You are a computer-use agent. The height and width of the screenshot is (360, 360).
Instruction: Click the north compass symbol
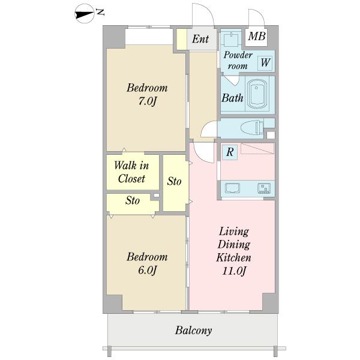pyautogui.click(x=85, y=14)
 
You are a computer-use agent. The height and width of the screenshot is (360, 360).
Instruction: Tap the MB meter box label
pyautogui.click(x=257, y=36)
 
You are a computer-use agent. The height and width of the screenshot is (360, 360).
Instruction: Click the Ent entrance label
pyautogui.click(x=200, y=39)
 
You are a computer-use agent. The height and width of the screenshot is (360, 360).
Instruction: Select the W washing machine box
pyautogui.click(x=265, y=63)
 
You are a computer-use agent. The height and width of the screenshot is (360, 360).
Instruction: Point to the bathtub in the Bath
pyautogui.click(x=257, y=94)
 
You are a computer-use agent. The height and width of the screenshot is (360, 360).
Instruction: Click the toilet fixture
pyautogui.click(x=252, y=128)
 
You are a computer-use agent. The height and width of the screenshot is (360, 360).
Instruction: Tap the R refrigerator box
pyautogui.click(x=230, y=152)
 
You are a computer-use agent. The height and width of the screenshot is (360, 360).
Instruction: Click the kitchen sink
pyautogui.click(x=232, y=188)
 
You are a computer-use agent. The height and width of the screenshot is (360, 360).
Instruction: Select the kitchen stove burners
pyautogui.click(x=264, y=188)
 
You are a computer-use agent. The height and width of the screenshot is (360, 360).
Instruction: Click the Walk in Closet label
pyautogui.click(x=131, y=172)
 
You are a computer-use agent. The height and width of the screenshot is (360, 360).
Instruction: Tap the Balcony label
pyautogui.click(x=193, y=331)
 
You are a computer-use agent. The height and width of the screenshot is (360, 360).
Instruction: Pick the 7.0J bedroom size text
pyautogui.click(x=148, y=101)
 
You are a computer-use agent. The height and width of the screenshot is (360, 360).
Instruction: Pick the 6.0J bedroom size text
pyautogui.click(x=148, y=270)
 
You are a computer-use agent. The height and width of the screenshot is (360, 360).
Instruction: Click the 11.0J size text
pyautogui.click(x=234, y=271)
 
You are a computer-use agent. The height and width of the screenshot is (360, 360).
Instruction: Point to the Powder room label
pyautogui.click(x=238, y=61)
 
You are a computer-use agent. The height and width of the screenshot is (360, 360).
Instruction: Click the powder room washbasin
pyautogui.click(x=232, y=40)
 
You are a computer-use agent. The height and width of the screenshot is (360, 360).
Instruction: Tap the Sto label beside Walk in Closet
pyautogui.click(x=174, y=181)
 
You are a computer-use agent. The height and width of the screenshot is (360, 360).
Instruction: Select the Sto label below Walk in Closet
pyautogui.click(x=133, y=200)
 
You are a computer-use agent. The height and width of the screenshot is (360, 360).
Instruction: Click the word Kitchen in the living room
pyautogui.click(x=233, y=257)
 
